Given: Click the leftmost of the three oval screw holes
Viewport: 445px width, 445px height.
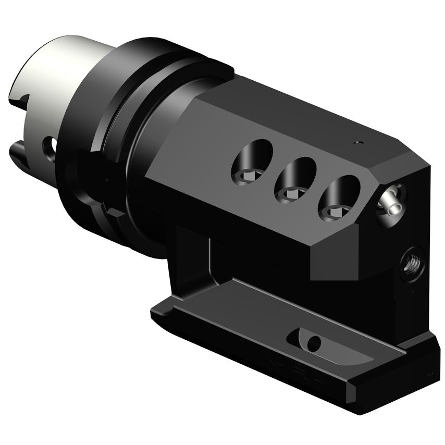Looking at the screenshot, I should [252, 163].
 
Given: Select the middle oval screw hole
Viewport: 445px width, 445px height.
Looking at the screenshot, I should [295, 179].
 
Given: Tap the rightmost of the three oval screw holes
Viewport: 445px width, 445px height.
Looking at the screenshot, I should [339, 196].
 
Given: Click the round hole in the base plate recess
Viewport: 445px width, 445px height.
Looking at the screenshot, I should [313, 343].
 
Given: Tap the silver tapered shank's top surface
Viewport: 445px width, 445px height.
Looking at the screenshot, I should [57, 57].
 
